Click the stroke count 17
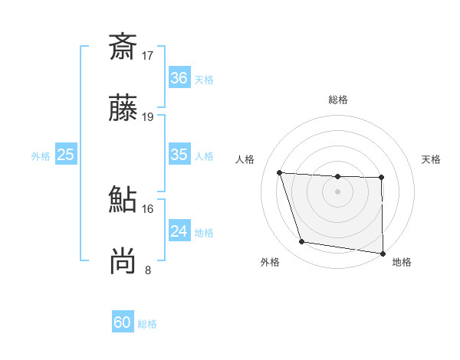point(148,55)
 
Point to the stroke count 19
point(148,117)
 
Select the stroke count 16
point(148,208)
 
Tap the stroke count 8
point(148,270)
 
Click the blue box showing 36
point(179,78)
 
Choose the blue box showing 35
point(179,155)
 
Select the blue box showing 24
point(179,231)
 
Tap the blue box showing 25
point(66,155)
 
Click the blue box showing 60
point(123,322)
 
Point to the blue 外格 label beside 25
point(41,156)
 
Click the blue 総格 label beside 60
point(147,324)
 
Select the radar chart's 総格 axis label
point(338,100)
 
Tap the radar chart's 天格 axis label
point(432,159)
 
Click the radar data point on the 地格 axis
point(383,253)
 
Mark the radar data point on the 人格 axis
point(280,172)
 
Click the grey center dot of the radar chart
point(338,191)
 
